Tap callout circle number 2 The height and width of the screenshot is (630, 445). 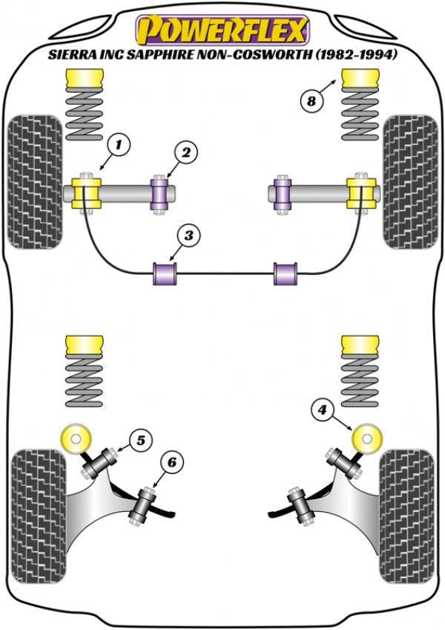click(x=185, y=152)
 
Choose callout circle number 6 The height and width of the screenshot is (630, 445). click(x=171, y=462)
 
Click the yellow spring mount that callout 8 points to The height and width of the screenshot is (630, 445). click(x=357, y=78)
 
